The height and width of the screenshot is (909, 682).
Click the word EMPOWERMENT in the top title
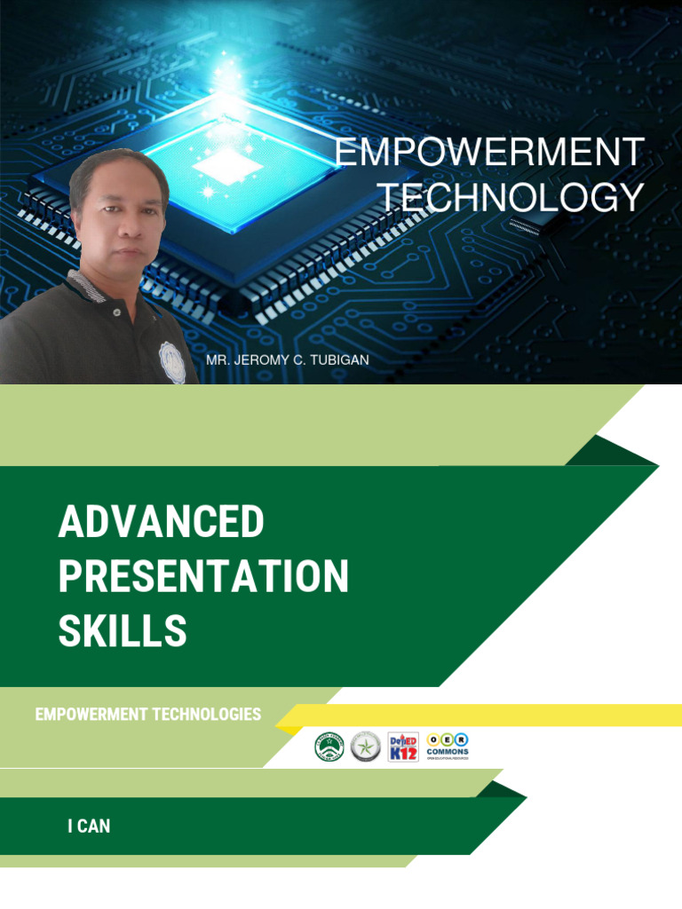pyautogui.click(x=489, y=153)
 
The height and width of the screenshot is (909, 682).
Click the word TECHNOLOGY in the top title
pyautogui.click(x=513, y=197)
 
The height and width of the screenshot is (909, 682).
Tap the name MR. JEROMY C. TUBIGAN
pyautogui.click(x=287, y=360)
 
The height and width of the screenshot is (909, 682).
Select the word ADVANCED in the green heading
pyautogui.click(x=161, y=522)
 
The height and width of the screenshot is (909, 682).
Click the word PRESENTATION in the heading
pyautogui.click(x=203, y=577)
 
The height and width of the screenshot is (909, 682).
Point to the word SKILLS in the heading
pyautogui.click(x=123, y=631)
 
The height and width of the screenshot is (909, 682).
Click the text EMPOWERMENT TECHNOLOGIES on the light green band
pyautogui.click(x=147, y=715)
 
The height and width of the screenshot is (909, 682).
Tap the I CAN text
pyautogui.click(x=89, y=826)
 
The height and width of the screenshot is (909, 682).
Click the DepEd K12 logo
pyautogui.click(x=403, y=747)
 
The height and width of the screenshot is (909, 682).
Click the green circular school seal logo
pyautogui.click(x=329, y=747)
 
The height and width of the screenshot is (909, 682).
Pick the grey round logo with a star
pyautogui.click(x=365, y=747)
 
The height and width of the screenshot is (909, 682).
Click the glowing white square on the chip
pyautogui.click(x=228, y=165)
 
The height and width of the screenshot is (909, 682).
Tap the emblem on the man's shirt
pyautogui.click(x=172, y=362)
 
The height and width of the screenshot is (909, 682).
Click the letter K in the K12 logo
pyautogui.click(x=395, y=754)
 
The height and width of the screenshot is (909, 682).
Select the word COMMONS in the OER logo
pyautogui.click(x=448, y=752)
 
